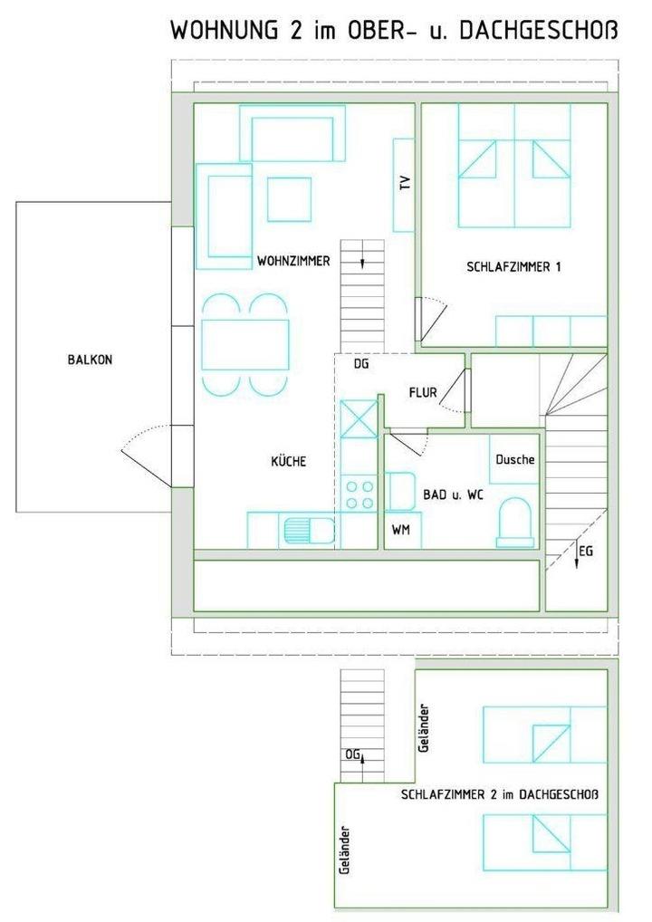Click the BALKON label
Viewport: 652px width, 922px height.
click(x=90, y=360)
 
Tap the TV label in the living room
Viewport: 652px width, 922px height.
click(x=405, y=183)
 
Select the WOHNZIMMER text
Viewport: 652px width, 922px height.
click(x=293, y=261)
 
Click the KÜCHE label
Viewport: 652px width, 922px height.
click(x=289, y=461)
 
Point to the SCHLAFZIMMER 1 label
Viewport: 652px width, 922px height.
click(x=513, y=266)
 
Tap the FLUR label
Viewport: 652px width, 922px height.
click(x=423, y=392)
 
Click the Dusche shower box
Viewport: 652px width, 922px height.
click(x=514, y=459)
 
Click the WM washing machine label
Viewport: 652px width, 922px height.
click(x=401, y=530)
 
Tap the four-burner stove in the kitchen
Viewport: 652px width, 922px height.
click(x=360, y=495)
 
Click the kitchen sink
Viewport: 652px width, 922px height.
click(x=309, y=531)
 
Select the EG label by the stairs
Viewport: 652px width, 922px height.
click(x=586, y=551)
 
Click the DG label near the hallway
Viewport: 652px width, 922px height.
click(x=361, y=364)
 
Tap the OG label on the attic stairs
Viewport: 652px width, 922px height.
click(x=352, y=754)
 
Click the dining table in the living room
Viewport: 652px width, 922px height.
click(x=245, y=344)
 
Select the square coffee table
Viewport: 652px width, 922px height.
click(x=289, y=199)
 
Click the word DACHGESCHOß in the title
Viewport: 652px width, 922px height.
click(x=539, y=31)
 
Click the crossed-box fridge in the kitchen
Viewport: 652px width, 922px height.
click(x=360, y=418)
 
